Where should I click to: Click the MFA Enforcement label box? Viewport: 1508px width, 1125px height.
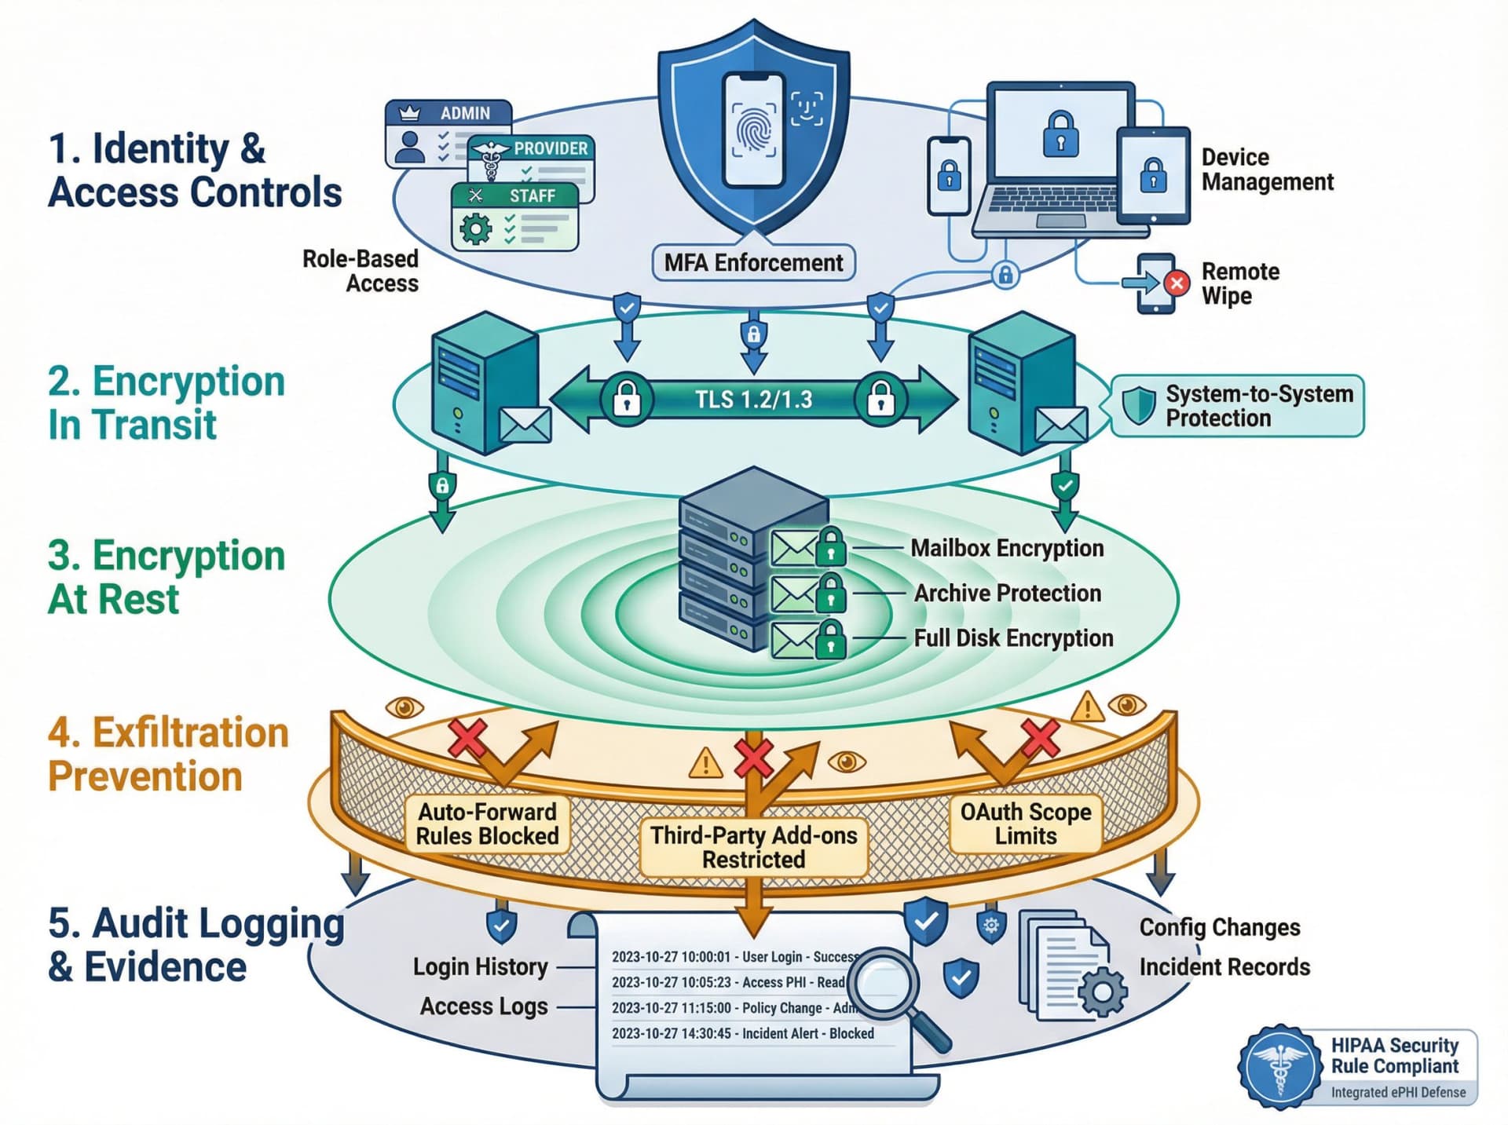point(753,262)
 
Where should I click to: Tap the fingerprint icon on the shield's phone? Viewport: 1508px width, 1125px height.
point(753,130)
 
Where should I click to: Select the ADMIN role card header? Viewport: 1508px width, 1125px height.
point(448,112)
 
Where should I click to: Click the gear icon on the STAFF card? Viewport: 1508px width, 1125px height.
point(475,228)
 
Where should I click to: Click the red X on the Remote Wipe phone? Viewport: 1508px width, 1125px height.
point(1176,283)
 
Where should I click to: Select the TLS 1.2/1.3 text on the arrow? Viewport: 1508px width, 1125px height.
point(753,400)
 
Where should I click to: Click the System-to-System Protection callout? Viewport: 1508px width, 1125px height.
point(1238,406)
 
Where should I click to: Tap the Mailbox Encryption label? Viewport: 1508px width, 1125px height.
point(1007,548)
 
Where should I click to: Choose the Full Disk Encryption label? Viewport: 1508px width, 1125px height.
point(1013,637)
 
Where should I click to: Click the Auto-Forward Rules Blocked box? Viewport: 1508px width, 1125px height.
point(487,824)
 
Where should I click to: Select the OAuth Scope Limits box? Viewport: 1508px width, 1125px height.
point(1025,824)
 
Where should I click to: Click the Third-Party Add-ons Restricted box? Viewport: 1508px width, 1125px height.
point(753,847)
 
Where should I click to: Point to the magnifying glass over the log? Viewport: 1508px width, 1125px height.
point(888,984)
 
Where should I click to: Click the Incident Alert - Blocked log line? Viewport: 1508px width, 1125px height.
point(742,1033)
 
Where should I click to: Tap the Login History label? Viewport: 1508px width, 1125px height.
point(480,966)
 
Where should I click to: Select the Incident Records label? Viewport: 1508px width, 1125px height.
point(1224,966)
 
